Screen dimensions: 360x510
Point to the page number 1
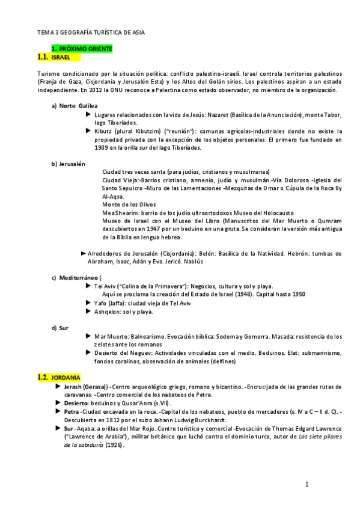(307, 484)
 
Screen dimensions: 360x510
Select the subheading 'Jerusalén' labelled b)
(72, 163)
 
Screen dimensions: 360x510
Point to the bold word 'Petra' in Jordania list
(72, 412)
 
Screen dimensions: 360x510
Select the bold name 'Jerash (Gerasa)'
(85, 386)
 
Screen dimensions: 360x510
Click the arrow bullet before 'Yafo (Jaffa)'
(88, 303)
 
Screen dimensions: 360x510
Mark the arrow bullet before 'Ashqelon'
(88, 312)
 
